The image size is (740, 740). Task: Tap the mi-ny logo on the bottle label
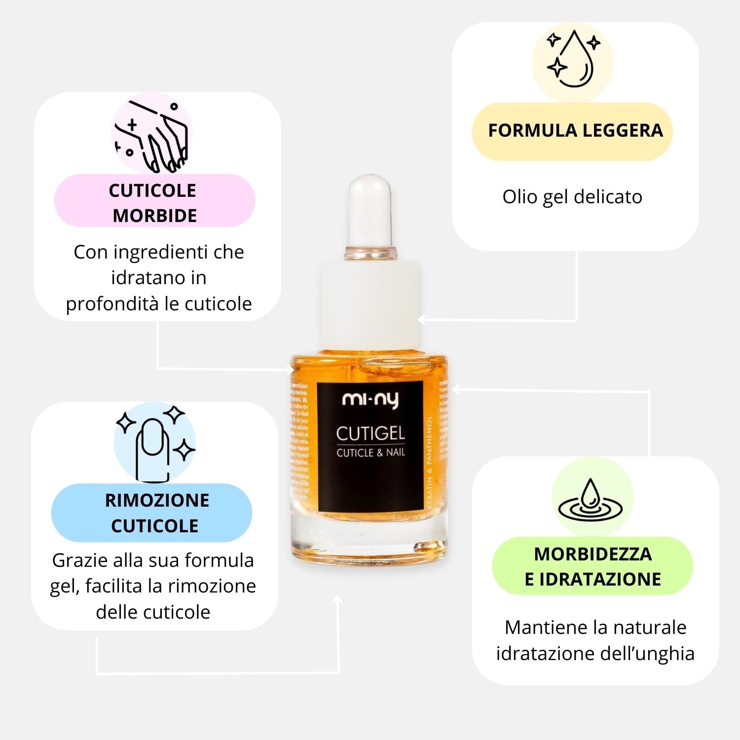370,400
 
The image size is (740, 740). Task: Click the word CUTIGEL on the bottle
370,434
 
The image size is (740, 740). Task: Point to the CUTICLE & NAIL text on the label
370,452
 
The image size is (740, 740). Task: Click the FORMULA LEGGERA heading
575,131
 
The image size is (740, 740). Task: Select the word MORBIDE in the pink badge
155,216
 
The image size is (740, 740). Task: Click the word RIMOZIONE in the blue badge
157,500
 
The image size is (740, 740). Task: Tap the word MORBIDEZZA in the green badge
593,554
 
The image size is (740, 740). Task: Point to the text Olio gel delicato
572,197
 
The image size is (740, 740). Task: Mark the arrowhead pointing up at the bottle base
338,599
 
